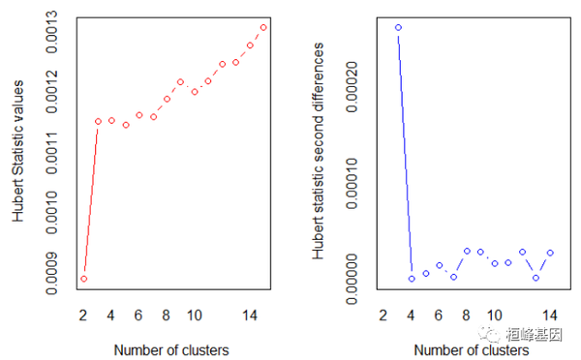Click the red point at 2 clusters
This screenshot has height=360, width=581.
point(84,279)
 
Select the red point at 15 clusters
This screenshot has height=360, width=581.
point(263,27)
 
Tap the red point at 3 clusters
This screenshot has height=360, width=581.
point(98,121)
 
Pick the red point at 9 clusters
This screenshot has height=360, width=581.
point(181,82)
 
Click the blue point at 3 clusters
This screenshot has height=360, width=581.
point(398,27)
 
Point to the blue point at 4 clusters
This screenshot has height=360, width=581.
point(412,279)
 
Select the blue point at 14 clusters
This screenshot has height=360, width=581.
point(550,253)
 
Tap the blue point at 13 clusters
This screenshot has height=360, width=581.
point(536,278)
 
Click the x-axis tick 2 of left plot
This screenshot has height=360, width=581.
point(84,315)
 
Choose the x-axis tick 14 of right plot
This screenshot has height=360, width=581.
point(550,315)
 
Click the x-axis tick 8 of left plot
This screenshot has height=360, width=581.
point(167,315)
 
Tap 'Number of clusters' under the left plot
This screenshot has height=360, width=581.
point(171,347)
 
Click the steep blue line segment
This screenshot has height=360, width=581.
point(405,153)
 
